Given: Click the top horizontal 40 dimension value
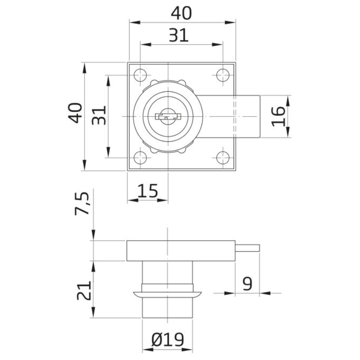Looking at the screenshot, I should pos(181,13).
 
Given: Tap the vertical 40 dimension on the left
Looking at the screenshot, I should pos(75,113).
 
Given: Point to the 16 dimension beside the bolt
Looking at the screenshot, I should pos(278,116).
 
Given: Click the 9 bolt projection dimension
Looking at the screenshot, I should pos(247,284).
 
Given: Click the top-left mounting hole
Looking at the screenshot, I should pos(140,75).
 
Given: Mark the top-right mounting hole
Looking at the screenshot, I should pos(223,75).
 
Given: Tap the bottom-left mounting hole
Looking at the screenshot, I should pos(140,157).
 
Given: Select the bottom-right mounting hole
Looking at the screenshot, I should pos(223,157).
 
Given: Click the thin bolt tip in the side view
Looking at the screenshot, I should pos(248,247).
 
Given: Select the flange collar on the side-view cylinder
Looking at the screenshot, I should pos(167,294).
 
